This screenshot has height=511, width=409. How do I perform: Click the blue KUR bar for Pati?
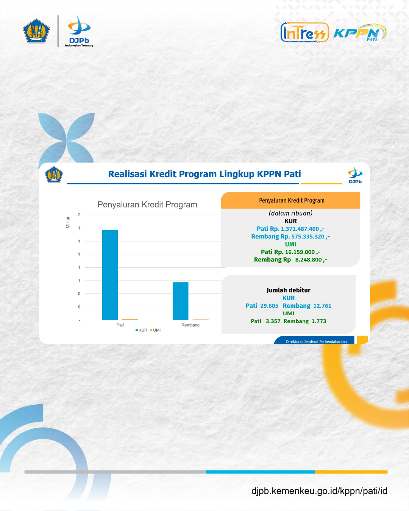(x=110, y=275)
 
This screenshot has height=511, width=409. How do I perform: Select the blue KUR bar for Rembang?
(x=181, y=301)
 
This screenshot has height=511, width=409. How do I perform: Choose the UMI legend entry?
(x=155, y=330)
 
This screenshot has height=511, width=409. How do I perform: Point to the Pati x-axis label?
(x=120, y=325)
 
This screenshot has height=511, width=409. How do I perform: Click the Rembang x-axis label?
(x=190, y=325)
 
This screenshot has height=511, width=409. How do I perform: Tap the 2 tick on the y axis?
(x=79, y=215)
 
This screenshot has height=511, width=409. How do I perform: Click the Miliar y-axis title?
(x=68, y=222)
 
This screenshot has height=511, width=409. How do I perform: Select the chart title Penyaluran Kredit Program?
(x=147, y=204)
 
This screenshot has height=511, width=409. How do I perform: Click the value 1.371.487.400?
(x=300, y=229)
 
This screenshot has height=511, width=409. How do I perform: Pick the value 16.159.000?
(x=300, y=252)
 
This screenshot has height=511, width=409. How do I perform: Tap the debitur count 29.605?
(x=269, y=305)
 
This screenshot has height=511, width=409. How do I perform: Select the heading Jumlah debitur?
(x=288, y=290)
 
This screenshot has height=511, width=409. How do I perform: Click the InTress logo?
(x=304, y=33)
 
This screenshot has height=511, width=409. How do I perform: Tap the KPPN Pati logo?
(x=360, y=33)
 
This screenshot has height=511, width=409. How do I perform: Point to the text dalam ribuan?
(x=290, y=213)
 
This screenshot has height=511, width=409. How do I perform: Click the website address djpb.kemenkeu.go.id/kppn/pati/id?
(x=319, y=491)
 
